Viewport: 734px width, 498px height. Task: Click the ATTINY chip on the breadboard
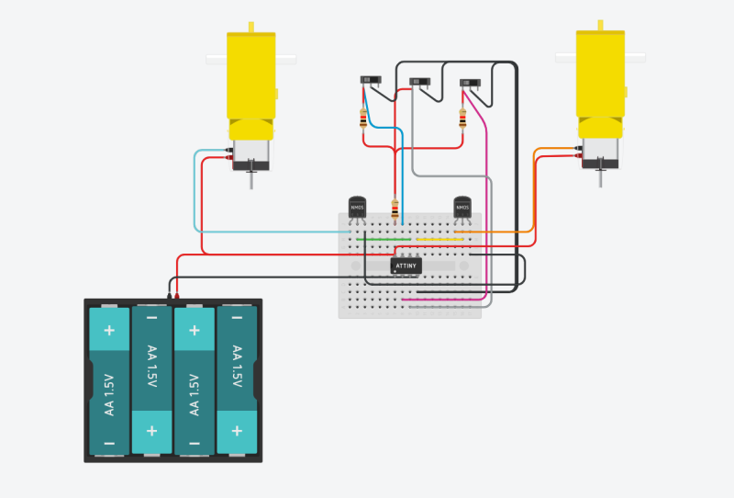(406, 266)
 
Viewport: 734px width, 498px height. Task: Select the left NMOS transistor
(358, 208)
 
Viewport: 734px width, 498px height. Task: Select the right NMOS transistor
(463, 208)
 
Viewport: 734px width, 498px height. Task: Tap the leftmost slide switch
(371, 82)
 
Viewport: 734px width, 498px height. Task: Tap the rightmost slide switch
(470, 84)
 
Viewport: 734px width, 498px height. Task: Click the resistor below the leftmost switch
(364, 118)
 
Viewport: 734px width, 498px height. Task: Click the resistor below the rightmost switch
(462, 119)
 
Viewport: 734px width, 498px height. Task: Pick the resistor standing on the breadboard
(395, 209)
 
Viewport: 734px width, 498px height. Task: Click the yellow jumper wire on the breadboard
(436, 240)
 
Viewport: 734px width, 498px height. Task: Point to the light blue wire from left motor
(195, 193)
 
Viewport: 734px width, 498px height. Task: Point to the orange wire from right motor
(534, 193)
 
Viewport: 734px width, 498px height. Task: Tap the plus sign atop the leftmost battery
(109, 330)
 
